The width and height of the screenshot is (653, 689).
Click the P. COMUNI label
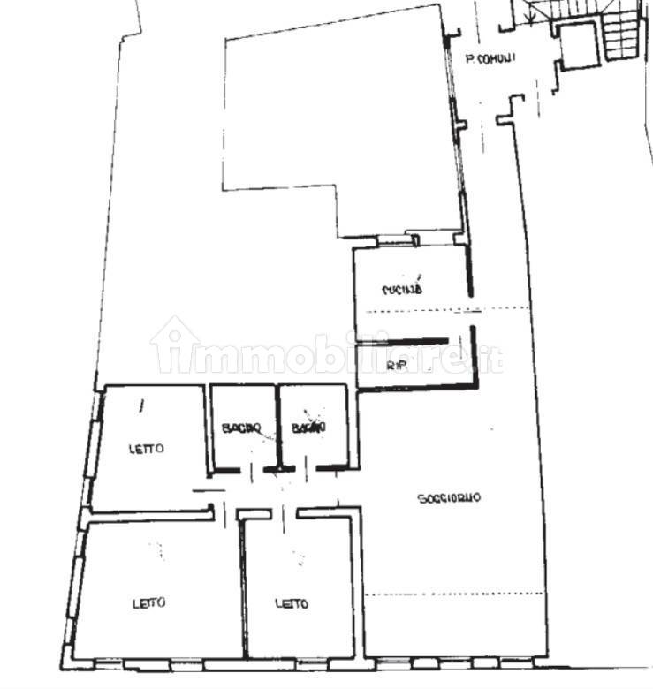491,60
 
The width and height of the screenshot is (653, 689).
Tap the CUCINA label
402,289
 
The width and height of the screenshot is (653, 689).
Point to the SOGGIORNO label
449,499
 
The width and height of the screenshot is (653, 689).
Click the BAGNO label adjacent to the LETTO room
241,428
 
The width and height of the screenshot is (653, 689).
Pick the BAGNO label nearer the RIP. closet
309,428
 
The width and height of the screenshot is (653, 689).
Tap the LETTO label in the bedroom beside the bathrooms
147,449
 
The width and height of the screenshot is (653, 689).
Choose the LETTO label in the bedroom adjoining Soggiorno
292,604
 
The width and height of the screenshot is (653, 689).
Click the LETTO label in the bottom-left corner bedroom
149,604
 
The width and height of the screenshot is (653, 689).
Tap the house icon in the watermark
173,344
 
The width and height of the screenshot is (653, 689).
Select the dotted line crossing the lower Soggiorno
451,594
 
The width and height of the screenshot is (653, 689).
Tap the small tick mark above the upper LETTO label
140,405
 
